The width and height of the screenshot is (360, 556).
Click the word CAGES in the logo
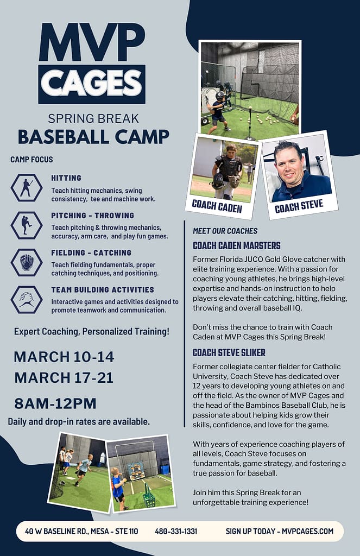click(92, 84)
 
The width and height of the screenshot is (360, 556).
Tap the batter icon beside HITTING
click(26, 188)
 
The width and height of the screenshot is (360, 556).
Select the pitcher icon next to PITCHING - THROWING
click(26, 225)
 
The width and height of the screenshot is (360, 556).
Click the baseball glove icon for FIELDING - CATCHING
click(26, 262)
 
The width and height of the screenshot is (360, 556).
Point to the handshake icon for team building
click(26, 300)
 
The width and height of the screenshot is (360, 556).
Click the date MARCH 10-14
click(64, 357)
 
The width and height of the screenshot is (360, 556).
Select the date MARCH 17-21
click(64, 378)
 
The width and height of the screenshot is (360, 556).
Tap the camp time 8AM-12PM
click(55, 403)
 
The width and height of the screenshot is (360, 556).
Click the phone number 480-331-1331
click(176, 531)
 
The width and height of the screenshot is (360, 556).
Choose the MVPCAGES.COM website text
click(307, 531)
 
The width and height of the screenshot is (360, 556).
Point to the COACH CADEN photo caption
click(217, 206)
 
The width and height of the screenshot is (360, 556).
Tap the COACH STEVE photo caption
click(299, 206)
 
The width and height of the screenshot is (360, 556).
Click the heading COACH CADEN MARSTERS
click(237, 245)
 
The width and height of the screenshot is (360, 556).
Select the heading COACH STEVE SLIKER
click(229, 352)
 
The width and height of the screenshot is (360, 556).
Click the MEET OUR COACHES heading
click(225, 231)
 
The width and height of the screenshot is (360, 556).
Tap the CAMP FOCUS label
click(31, 160)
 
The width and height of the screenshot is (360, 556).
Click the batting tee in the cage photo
click(250, 123)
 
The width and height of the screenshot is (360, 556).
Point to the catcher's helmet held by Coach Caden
click(217, 181)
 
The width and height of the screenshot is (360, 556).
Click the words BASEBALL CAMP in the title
click(93, 137)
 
